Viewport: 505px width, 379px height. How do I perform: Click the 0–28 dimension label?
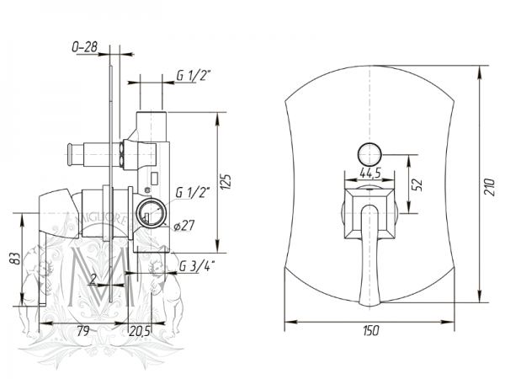(x=84, y=47)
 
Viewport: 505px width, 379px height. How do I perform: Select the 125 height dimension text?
(x=226, y=182)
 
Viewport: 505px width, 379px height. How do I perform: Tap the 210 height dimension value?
(x=490, y=187)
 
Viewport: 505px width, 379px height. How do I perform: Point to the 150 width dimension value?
(x=370, y=331)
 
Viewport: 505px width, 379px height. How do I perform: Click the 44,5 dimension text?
(x=370, y=173)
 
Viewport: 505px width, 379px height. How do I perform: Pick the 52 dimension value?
(x=417, y=184)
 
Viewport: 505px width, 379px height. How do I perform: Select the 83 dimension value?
(x=15, y=259)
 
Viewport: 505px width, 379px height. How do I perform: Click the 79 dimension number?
(x=83, y=331)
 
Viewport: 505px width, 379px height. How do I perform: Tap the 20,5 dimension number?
(x=140, y=331)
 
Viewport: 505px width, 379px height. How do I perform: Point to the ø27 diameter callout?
(x=183, y=225)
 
